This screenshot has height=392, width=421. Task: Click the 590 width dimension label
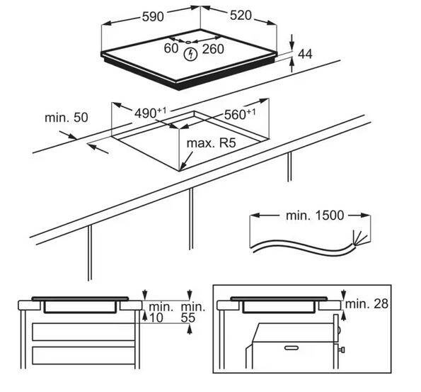[153, 16]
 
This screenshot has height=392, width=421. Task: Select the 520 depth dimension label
[241, 16]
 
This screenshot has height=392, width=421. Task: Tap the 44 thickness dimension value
[305, 54]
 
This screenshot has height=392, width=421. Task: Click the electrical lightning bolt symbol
[190, 54]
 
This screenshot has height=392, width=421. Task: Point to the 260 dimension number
[213, 49]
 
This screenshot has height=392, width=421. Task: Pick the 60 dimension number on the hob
[171, 48]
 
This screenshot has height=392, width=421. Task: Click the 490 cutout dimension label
[150, 113]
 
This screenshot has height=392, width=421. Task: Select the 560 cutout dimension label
[240, 114]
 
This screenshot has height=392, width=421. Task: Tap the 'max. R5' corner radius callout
[211, 143]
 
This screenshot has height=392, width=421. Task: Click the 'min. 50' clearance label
[67, 118]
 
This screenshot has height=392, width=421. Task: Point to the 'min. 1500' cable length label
[315, 215]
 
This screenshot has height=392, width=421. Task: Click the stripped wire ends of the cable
[360, 238]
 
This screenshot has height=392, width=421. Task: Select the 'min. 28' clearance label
[367, 304]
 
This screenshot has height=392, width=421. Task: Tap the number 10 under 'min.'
[156, 318]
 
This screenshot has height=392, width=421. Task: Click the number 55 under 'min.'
[188, 318]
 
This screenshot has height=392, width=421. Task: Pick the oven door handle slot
[292, 348]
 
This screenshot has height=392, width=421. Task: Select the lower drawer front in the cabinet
[83, 356]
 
